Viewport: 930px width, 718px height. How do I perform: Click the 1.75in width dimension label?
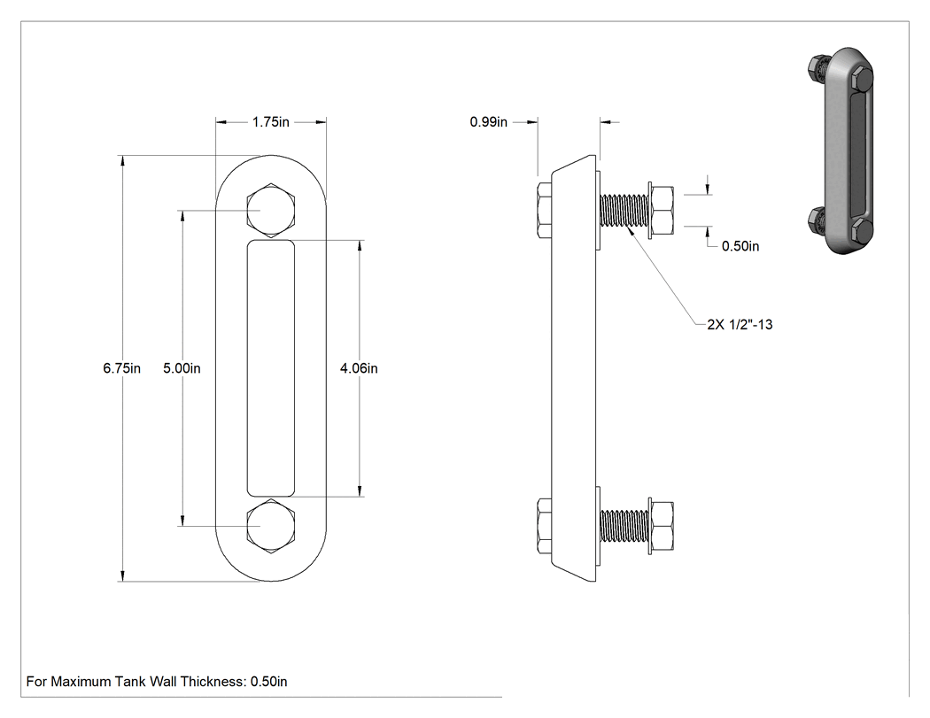coord(270,122)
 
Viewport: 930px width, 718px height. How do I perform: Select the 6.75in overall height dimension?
coord(121,368)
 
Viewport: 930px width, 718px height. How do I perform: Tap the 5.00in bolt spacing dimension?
coord(182,368)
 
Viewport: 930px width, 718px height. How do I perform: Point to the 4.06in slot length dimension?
coord(359,368)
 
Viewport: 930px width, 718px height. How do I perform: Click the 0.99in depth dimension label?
coord(489,122)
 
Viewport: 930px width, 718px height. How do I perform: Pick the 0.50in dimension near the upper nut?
coord(740,246)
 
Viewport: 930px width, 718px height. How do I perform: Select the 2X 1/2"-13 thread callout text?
coord(740,324)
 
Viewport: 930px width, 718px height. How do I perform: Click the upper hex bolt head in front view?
coord(271,211)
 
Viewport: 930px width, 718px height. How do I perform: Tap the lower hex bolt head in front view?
coord(271,527)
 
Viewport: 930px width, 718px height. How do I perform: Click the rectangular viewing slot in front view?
coord(270,368)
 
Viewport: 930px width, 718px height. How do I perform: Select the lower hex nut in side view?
coord(662,526)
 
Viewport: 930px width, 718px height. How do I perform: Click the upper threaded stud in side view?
coord(624,210)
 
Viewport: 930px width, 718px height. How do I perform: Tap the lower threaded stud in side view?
coord(624,526)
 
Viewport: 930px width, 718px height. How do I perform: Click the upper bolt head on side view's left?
coord(545,211)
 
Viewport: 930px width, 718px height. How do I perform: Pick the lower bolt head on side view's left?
coord(545,527)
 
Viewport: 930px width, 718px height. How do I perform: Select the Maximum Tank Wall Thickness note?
coord(157,682)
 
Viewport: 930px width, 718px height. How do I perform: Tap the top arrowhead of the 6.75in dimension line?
coord(123,156)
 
